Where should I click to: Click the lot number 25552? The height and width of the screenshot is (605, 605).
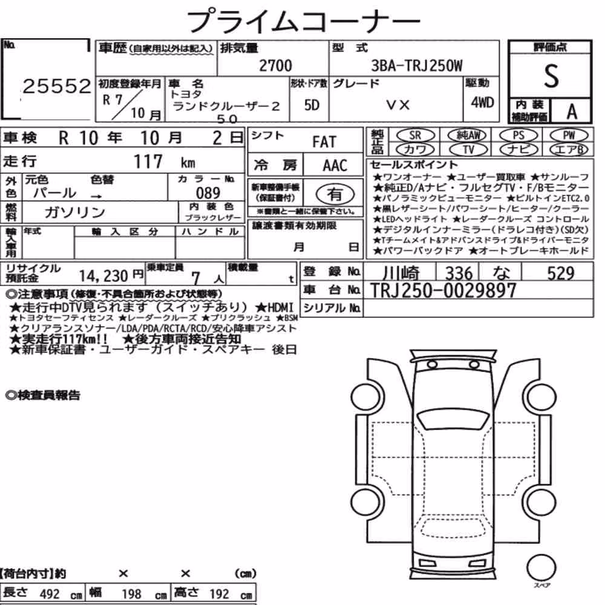(57, 86)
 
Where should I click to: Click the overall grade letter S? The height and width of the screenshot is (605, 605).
(551, 76)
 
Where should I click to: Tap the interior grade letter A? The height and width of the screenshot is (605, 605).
(572, 111)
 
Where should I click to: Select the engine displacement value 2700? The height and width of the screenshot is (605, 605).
(275, 65)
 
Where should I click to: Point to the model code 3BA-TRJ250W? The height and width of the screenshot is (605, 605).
(416, 65)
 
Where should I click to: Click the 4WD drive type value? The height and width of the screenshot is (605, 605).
(482, 102)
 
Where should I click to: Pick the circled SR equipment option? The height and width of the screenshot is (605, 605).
(416, 135)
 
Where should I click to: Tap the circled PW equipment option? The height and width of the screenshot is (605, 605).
(569, 135)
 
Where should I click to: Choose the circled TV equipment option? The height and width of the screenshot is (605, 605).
(468, 149)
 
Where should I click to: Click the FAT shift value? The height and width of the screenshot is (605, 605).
(324, 142)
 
